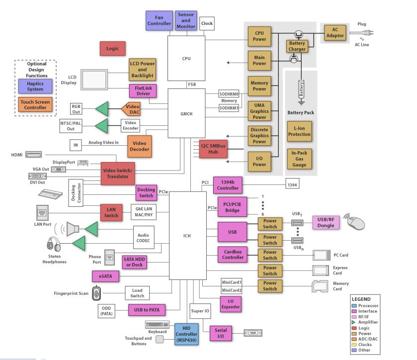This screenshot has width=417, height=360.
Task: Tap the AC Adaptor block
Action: point(334,32)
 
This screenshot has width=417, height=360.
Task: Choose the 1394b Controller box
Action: point(227,185)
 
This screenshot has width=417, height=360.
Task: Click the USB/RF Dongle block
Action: point(326,223)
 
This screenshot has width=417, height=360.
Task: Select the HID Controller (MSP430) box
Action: point(187,334)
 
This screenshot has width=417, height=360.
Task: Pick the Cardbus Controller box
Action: point(232,255)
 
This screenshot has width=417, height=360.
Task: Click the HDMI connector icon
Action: point(34,155)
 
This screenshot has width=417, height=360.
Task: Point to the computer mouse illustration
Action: point(356,223)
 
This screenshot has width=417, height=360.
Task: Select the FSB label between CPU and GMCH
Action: point(191,85)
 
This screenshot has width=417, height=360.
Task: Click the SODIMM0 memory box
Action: point(230,93)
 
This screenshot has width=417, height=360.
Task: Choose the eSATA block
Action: point(106,275)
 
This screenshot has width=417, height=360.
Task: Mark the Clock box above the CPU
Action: point(207,23)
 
